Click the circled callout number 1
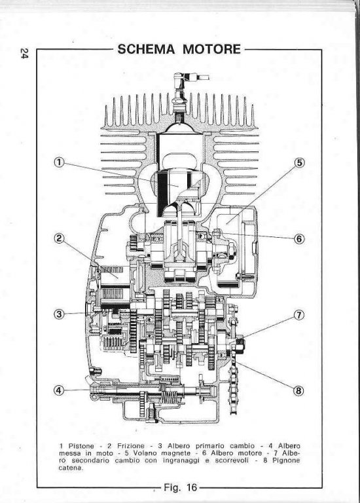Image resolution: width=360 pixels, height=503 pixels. click(59, 162)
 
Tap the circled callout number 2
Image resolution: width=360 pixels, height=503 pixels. click(59, 238)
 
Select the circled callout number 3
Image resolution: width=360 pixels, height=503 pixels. click(59, 314)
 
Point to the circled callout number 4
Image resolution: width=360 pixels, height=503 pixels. click(59, 390)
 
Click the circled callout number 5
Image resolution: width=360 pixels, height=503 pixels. click(298, 162)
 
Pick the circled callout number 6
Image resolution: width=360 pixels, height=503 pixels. click(298, 238)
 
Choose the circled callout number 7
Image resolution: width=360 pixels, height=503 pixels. click(298, 315)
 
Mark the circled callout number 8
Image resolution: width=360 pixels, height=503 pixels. click(298, 391)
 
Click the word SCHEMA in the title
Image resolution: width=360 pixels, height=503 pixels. click(146, 49)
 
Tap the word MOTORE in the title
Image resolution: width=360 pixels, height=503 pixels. click(211, 49)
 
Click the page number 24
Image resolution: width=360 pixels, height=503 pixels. click(24, 53)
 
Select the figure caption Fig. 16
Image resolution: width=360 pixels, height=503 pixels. click(180, 487)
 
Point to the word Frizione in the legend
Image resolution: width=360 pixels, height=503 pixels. click(131, 446)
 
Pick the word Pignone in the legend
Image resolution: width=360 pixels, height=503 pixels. click(286, 460)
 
